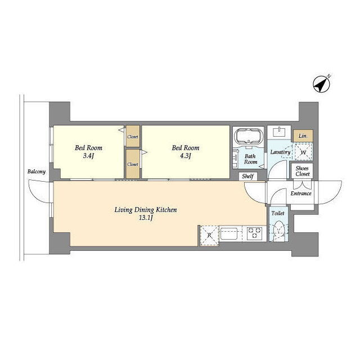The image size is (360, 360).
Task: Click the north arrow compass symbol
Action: point(322,84)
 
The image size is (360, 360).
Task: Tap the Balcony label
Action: point(37,172)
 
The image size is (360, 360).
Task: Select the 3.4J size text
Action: point(89,156)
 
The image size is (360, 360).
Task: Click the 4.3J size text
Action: point(186,156)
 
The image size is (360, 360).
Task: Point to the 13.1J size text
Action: point(146,218)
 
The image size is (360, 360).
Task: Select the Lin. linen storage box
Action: point(303,136)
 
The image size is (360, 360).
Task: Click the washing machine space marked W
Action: point(303,151)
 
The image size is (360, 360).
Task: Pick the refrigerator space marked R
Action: point(209,236)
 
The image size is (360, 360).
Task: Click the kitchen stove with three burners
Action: point(254,233)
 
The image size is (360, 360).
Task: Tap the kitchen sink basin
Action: point(229,233)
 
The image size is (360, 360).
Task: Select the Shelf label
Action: point(247,176)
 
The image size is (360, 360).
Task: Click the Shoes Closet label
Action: point(303,171)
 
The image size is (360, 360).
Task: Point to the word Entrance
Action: point(301,193)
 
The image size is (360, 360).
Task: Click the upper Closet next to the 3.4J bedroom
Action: point(133,136)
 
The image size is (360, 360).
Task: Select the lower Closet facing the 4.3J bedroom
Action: point(133,164)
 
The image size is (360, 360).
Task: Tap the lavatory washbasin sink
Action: point(279,133)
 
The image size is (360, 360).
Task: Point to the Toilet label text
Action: point(278,213)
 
